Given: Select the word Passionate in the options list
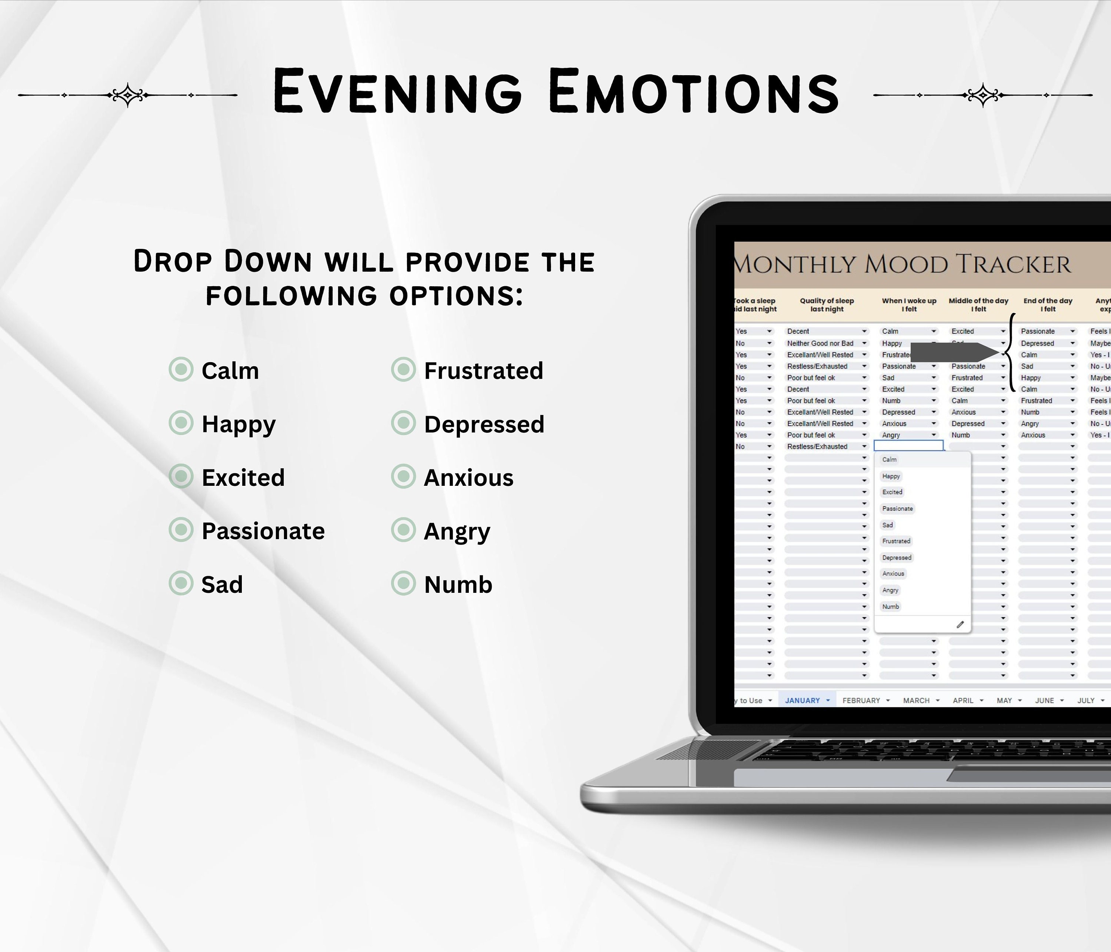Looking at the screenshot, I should pyautogui.click(x=263, y=531).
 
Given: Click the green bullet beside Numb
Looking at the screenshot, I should pyautogui.click(x=403, y=583).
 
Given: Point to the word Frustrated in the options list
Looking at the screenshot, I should pyautogui.click(x=483, y=370).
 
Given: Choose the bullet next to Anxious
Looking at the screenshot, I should pyautogui.click(x=403, y=477).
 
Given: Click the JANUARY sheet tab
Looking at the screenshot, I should pyautogui.click(x=802, y=701).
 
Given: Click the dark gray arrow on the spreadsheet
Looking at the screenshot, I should pyautogui.click(x=954, y=352).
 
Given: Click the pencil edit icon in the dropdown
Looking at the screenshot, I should pyautogui.click(x=960, y=624).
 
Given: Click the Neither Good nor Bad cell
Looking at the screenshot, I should pyautogui.click(x=820, y=343).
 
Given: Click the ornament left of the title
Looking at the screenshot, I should pyautogui.click(x=128, y=95).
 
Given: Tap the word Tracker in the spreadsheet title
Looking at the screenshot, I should pyautogui.click(x=1013, y=264).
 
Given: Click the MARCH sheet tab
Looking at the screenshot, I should pyautogui.click(x=916, y=701).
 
